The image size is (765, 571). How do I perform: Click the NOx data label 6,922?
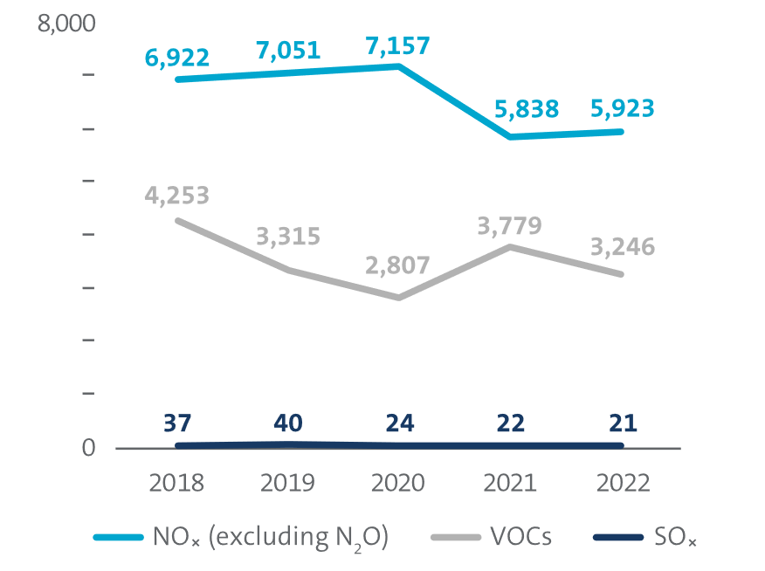point(177,58)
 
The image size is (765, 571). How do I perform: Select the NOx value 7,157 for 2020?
point(398,45)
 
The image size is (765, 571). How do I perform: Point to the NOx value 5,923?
point(622,109)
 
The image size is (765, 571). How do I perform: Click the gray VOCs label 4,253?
point(177,195)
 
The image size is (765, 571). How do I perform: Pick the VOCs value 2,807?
point(398,264)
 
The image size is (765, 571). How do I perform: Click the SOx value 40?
point(288,423)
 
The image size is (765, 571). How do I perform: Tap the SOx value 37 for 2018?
point(177,423)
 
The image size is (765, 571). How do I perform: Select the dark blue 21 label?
point(622,423)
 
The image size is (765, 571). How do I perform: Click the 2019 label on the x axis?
point(288,483)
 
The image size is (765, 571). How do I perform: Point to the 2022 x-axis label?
point(622,483)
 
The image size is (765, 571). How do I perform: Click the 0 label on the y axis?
point(88,448)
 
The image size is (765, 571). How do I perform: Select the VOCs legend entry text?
point(520,535)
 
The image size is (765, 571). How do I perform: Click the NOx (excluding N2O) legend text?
point(270,536)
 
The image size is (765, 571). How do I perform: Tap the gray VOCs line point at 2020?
point(398,298)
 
